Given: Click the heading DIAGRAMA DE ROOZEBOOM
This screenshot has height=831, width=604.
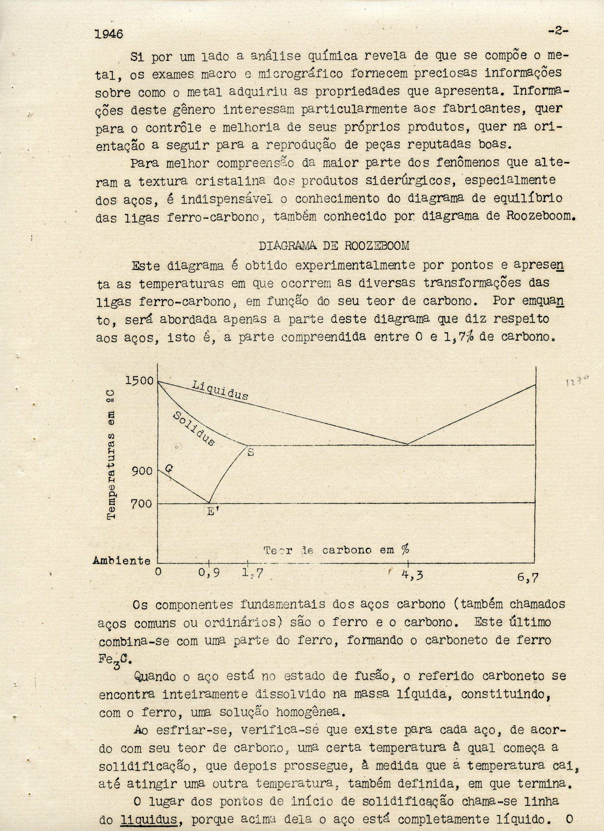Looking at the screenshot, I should [x=333, y=245].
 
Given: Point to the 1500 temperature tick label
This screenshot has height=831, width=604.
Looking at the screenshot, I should [x=140, y=380].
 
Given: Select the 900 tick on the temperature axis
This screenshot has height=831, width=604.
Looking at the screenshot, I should [x=142, y=471].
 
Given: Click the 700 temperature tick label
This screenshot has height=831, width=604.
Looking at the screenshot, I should [x=142, y=503].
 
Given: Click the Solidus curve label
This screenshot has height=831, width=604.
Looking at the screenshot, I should [x=194, y=428].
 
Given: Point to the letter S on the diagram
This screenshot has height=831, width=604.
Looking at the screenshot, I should [x=251, y=452].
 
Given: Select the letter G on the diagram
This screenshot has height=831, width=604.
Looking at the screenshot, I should [x=169, y=468].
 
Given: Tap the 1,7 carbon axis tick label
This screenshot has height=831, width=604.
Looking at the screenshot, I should [x=252, y=573].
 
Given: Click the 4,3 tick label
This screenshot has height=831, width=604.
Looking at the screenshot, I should [x=412, y=575].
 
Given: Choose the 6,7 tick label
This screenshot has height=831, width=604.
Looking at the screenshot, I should [x=528, y=578].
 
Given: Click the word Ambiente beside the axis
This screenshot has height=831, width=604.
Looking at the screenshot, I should [x=122, y=561].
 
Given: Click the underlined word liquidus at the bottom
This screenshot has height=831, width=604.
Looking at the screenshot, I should [x=149, y=818].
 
